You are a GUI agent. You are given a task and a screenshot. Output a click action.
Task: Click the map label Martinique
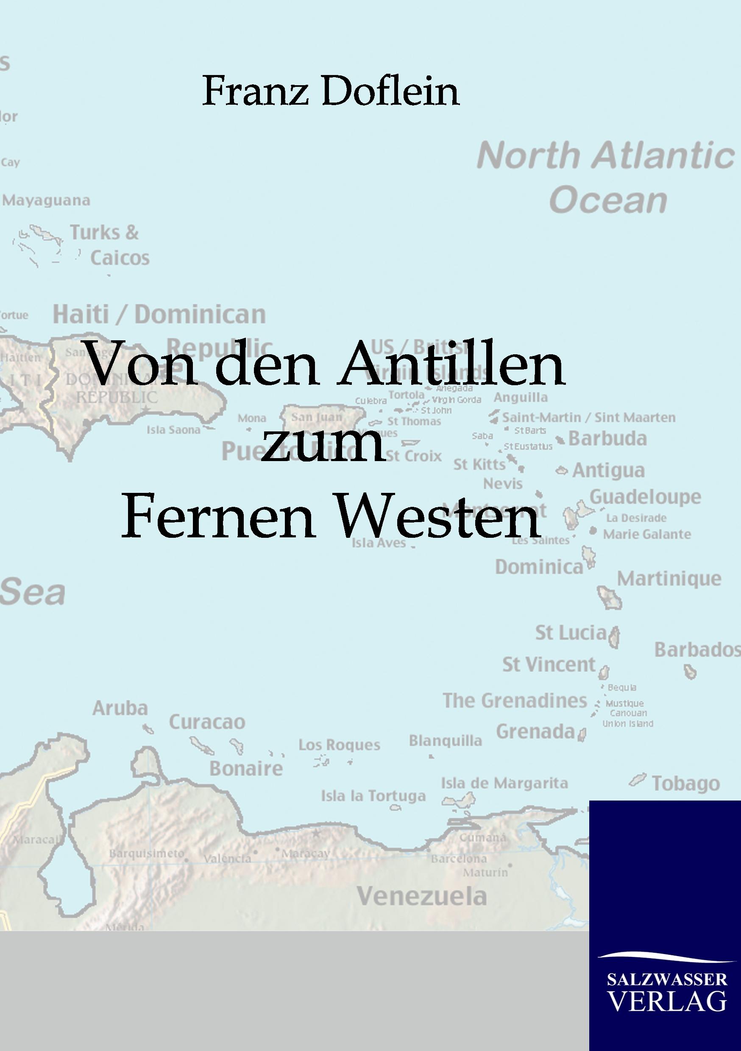(x=669, y=579)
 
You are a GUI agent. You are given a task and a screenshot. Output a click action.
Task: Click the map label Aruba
(x=120, y=708)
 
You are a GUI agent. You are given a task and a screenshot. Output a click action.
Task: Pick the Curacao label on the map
(x=207, y=722)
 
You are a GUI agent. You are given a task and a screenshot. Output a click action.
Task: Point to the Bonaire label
(x=246, y=769)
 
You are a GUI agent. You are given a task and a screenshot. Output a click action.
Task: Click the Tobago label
(x=685, y=783)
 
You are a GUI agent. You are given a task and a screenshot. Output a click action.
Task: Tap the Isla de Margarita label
(x=504, y=783)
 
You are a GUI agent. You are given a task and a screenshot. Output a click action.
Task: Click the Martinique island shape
(x=609, y=597)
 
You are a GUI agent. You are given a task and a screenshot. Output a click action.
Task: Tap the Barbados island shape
(x=690, y=672)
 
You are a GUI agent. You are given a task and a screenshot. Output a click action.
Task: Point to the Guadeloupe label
(x=645, y=497)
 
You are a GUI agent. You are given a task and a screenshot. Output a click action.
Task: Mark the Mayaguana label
(x=46, y=200)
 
